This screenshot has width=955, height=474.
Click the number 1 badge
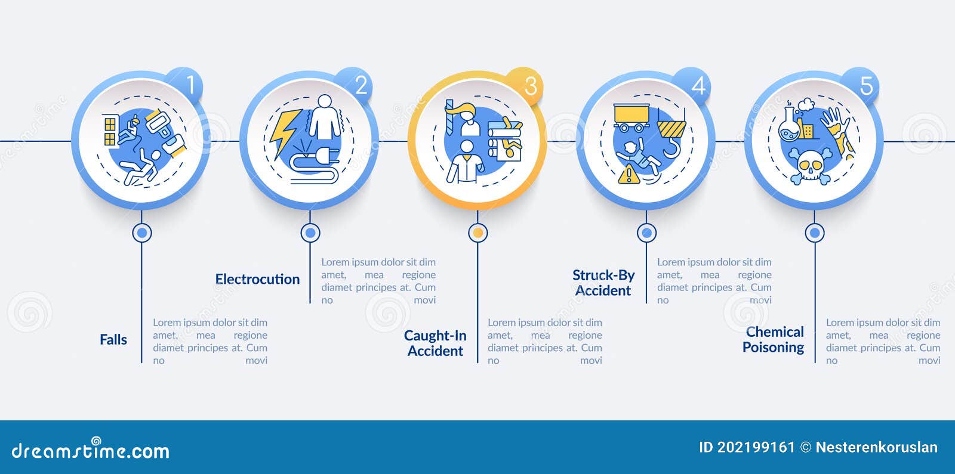[x=185, y=86]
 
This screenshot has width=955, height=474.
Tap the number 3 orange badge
[x=525, y=86]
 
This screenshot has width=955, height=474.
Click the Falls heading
[x=113, y=339]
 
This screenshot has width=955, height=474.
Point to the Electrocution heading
[x=257, y=279]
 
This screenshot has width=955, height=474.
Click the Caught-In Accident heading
[x=435, y=343]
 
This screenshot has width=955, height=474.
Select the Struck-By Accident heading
[x=603, y=283]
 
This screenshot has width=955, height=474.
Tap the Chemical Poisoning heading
[x=774, y=339]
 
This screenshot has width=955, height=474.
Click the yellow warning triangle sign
[x=629, y=175]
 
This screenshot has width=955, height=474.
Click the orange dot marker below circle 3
[x=478, y=233]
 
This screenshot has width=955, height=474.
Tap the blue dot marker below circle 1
[x=142, y=233]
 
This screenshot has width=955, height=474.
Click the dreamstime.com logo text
[x=90, y=449]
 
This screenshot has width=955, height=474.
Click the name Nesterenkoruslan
[x=877, y=447]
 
